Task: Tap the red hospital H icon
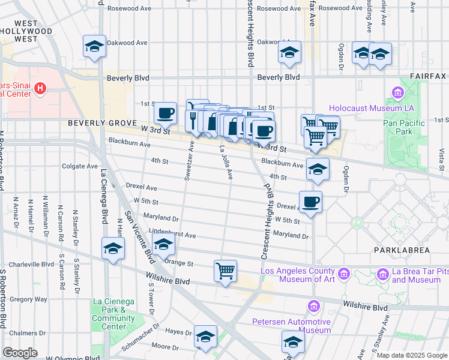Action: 40,89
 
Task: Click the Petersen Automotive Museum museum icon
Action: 313,307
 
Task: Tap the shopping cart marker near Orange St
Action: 225,271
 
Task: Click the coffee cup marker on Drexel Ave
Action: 310,202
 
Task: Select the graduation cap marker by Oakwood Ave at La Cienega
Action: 94,47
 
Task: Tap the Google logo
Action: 20,353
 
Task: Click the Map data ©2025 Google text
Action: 412,355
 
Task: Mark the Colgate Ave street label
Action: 80,166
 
